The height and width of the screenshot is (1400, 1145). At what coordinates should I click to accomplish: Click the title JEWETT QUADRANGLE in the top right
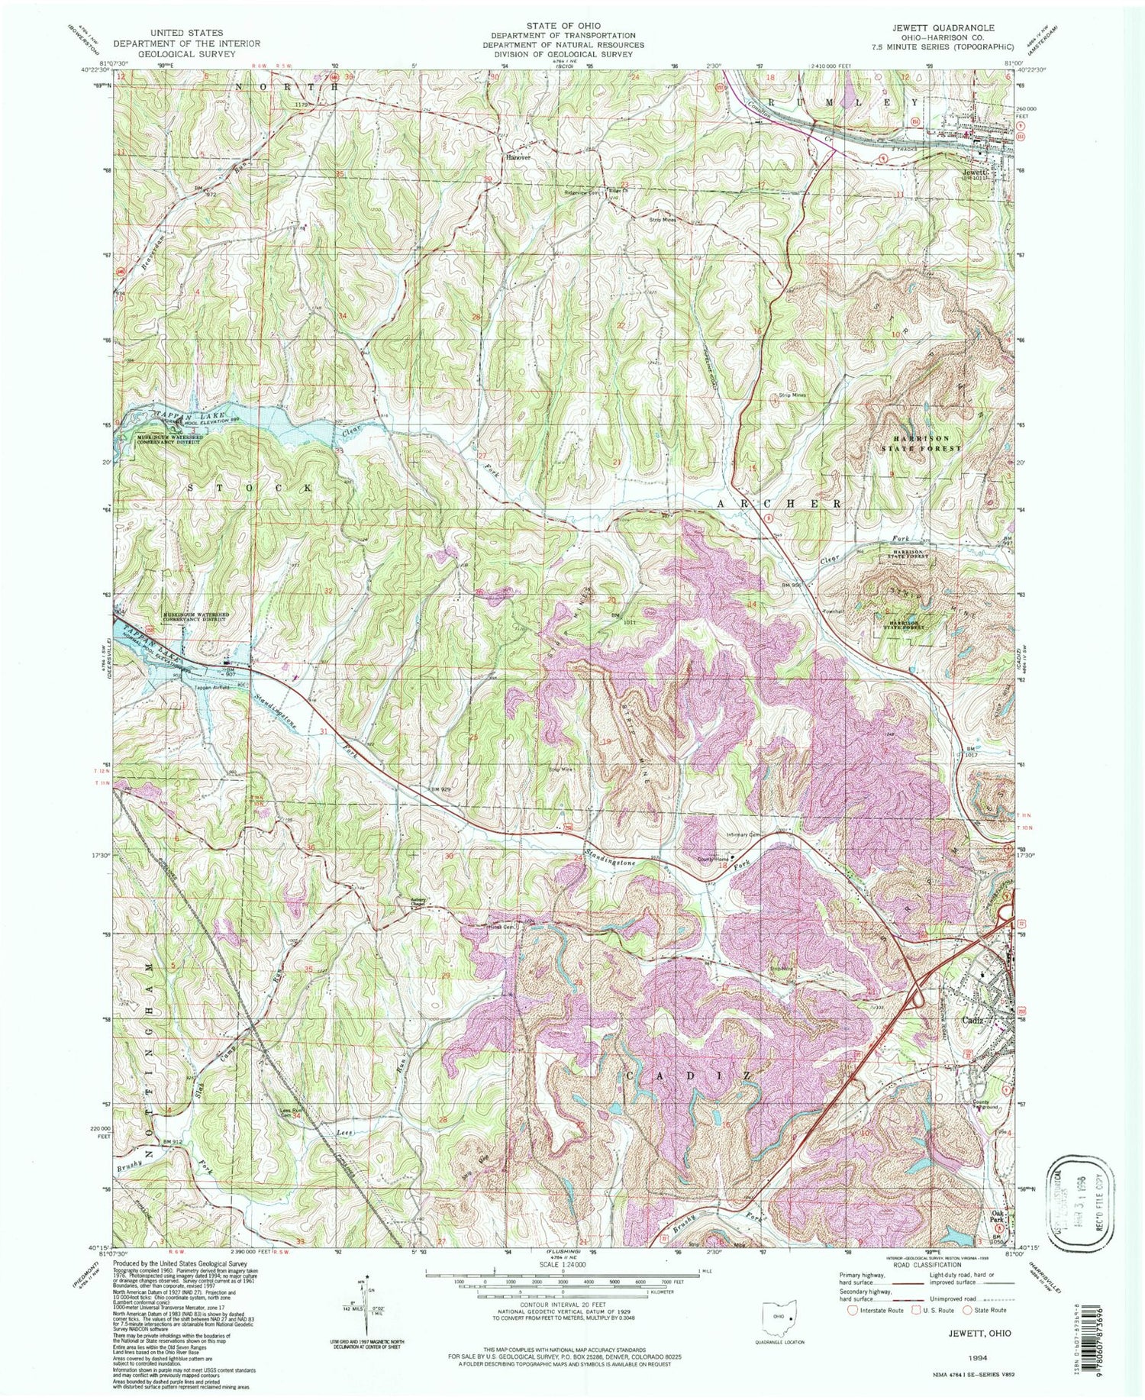tap(950, 28)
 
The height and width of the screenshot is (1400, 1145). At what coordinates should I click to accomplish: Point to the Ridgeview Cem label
tap(576, 194)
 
